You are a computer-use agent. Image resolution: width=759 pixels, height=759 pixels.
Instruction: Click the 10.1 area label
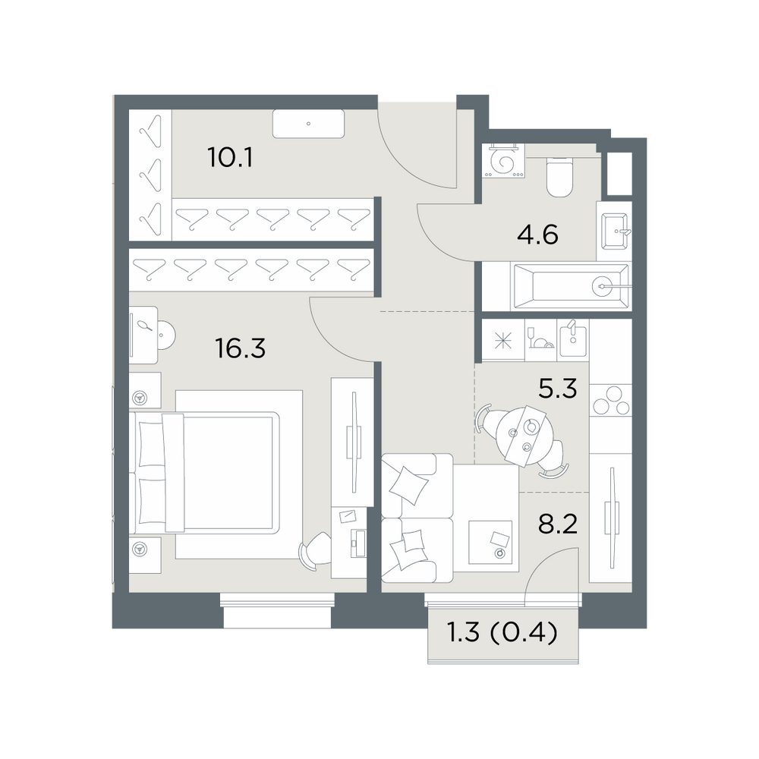[x=231, y=157]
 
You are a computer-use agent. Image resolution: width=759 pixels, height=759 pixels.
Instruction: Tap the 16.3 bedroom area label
[x=241, y=348]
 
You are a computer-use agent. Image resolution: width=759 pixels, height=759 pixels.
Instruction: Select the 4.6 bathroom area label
[x=537, y=235]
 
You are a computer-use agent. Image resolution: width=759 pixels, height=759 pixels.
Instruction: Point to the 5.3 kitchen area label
[x=558, y=388]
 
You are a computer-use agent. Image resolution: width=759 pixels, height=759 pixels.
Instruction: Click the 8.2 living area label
[x=558, y=524]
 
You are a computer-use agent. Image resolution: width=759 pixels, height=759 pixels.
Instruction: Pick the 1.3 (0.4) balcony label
[x=502, y=633]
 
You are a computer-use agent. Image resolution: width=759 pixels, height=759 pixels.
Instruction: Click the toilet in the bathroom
[x=559, y=177]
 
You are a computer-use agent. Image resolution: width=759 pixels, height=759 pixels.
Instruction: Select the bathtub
[x=572, y=286]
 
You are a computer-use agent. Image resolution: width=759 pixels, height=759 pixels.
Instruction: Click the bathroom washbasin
[x=615, y=231]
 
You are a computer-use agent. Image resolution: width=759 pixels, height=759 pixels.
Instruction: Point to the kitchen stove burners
[x=610, y=400]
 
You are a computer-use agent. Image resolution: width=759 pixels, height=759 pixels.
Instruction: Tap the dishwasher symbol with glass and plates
[x=541, y=339]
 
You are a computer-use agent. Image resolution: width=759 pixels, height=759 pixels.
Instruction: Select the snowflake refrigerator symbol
[x=503, y=341]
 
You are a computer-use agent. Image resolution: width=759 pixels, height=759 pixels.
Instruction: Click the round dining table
[x=521, y=433]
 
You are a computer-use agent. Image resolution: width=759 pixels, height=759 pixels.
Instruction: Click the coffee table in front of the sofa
[x=490, y=542]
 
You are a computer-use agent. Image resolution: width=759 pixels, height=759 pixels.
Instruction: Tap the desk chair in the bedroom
[x=315, y=551]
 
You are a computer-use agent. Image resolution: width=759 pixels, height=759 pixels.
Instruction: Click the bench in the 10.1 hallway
[x=308, y=124]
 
